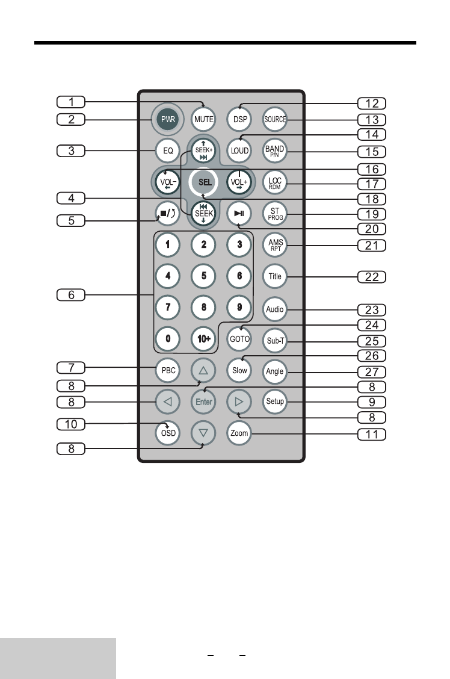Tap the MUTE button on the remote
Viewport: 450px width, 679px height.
204,119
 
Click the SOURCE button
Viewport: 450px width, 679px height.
275,119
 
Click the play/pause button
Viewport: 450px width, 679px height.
239,212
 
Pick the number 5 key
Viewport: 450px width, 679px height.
204,277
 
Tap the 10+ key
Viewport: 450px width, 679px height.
204,339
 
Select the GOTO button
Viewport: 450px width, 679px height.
239,339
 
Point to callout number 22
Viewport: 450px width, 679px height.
371,277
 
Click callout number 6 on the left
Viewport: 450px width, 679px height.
71,295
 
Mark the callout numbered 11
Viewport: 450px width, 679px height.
371,433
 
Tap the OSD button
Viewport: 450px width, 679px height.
168,433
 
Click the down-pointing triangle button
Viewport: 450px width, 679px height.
204,433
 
